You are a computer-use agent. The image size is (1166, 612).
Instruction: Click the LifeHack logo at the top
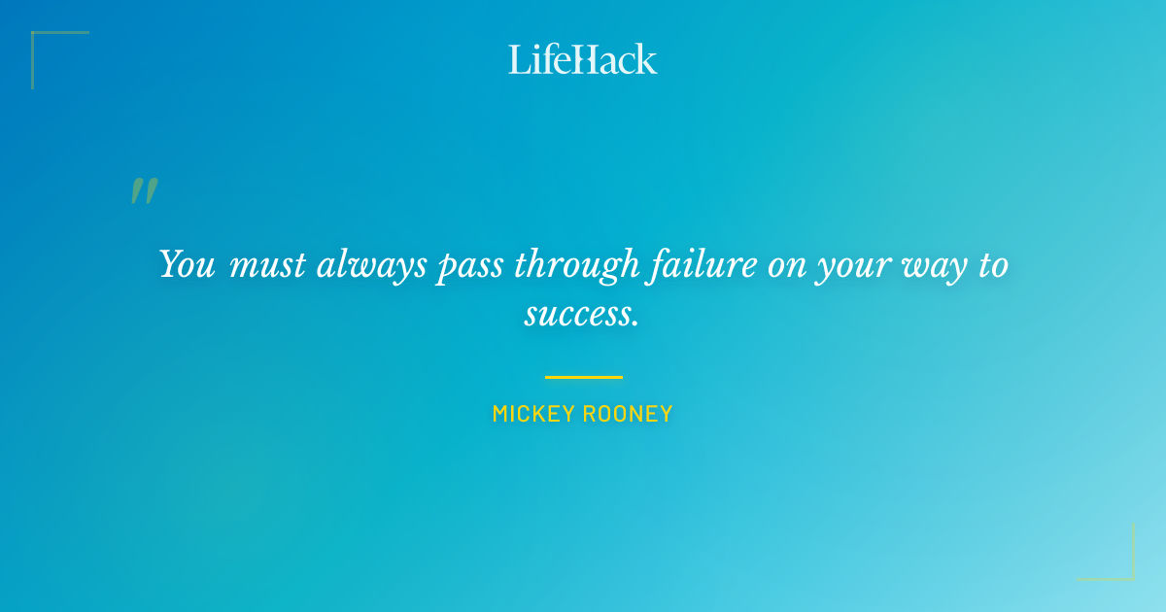coord(583,59)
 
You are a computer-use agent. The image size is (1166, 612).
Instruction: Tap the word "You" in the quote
coord(187,264)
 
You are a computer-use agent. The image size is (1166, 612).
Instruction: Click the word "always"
coord(372,265)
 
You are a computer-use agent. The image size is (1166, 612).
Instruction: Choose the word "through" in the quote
coord(577,265)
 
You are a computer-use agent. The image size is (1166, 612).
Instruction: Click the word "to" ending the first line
coord(993,265)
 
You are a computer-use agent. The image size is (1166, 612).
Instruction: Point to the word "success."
coord(582,314)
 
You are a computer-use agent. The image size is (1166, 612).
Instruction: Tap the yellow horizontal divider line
coord(583,377)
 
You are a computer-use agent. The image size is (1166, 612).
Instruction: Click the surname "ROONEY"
coord(628,414)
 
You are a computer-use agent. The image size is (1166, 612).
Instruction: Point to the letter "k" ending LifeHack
coord(646,59)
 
